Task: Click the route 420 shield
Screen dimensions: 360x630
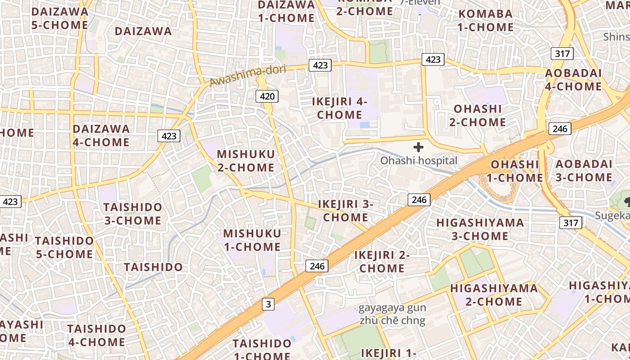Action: [x=266, y=96]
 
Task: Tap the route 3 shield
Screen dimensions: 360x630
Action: [x=269, y=305]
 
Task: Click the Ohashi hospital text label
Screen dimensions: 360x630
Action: [x=418, y=161]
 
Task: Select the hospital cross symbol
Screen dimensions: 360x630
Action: [x=418, y=147]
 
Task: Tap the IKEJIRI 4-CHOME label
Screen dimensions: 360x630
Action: [x=340, y=108]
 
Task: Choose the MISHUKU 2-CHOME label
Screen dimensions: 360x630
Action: [x=246, y=161]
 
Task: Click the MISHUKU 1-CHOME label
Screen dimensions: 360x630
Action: [x=252, y=240]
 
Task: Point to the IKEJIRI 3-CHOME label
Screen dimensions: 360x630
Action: [x=346, y=211]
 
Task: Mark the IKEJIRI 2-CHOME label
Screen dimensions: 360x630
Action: [x=382, y=262]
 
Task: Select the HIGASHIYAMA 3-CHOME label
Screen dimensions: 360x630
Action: [x=480, y=229]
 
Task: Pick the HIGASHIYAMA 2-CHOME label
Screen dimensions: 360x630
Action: [x=494, y=295]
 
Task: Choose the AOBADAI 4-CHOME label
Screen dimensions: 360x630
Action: [x=573, y=80]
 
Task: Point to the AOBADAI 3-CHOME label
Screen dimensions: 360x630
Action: [x=584, y=171]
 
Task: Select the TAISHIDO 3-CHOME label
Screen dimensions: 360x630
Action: [x=133, y=214]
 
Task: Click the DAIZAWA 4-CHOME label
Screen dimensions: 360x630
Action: [x=101, y=135]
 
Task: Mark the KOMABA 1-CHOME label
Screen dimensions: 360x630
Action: [x=486, y=20]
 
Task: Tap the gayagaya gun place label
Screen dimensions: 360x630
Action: [x=392, y=309]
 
